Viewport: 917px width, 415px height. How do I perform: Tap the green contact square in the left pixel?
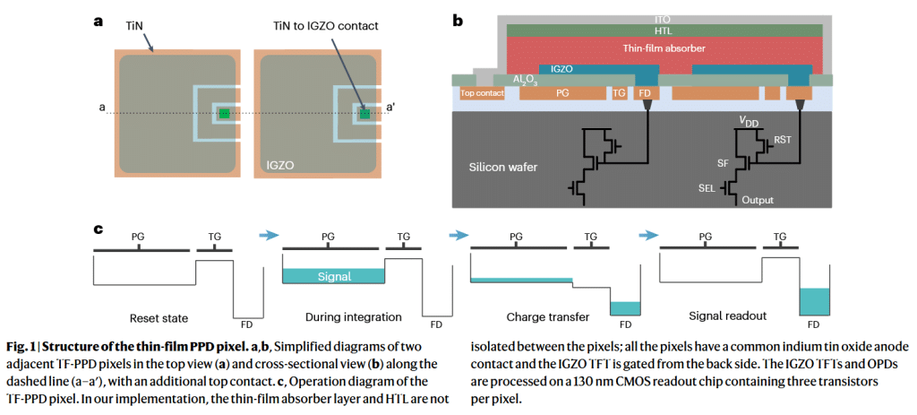click(225, 114)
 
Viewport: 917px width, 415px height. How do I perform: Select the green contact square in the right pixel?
click(365, 114)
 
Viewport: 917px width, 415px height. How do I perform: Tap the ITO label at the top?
click(665, 20)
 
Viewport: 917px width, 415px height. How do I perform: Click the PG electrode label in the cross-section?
click(562, 92)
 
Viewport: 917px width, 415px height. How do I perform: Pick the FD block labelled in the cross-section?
click(646, 92)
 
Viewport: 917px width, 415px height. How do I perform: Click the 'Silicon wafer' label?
click(503, 168)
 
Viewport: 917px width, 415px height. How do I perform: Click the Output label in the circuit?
click(758, 200)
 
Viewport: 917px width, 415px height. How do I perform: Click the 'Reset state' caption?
click(159, 319)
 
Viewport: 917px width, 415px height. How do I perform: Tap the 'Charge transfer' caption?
click(547, 316)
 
